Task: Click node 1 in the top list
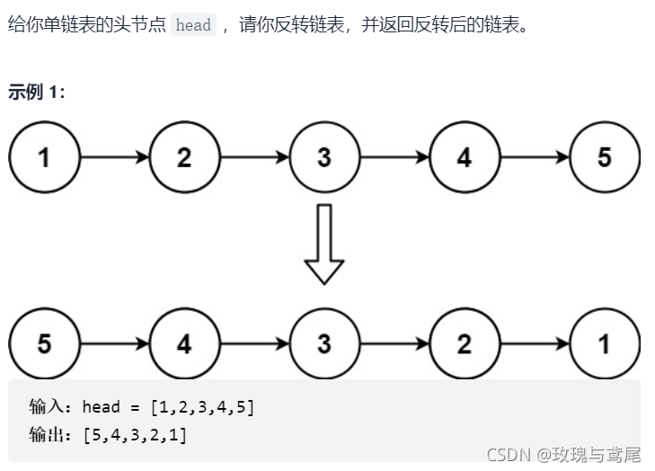[44, 157]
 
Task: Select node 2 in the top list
[184, 157]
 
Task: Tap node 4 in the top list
[465, 157]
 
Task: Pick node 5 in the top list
[605, 157]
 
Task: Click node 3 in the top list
[324, 157]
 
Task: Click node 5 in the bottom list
[44, 343]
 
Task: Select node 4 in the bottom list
[184, 343]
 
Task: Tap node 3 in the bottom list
[324, 343]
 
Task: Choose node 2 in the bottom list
[465, 343]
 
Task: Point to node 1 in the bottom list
[605, 343]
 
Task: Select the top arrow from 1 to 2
[114, 157]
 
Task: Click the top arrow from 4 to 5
[535, 157]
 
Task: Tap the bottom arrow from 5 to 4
[114, 343]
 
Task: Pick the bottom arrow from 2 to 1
[535, 343]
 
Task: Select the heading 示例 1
[37, 92]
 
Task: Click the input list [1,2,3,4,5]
[202, 407]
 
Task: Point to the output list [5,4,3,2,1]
[135, 435]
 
